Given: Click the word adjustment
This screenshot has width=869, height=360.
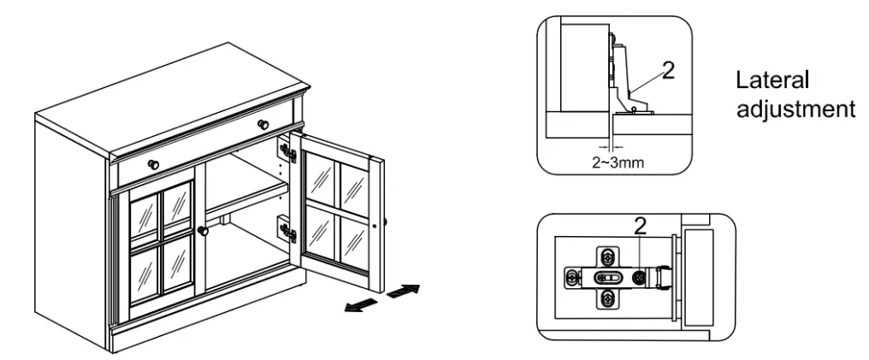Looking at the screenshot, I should [795, 109].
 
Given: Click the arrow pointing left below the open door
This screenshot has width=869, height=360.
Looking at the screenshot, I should [360, 304].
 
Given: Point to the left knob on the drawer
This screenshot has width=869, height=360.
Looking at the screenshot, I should [153, 163].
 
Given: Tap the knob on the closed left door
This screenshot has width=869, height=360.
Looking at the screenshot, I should [204, 231].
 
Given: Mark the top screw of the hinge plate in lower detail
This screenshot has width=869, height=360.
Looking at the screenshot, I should [606, 257].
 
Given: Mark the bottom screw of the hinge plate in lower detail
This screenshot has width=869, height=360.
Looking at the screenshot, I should [606, 298].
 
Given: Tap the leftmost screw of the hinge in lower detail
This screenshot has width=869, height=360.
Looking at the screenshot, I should [570, 278].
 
